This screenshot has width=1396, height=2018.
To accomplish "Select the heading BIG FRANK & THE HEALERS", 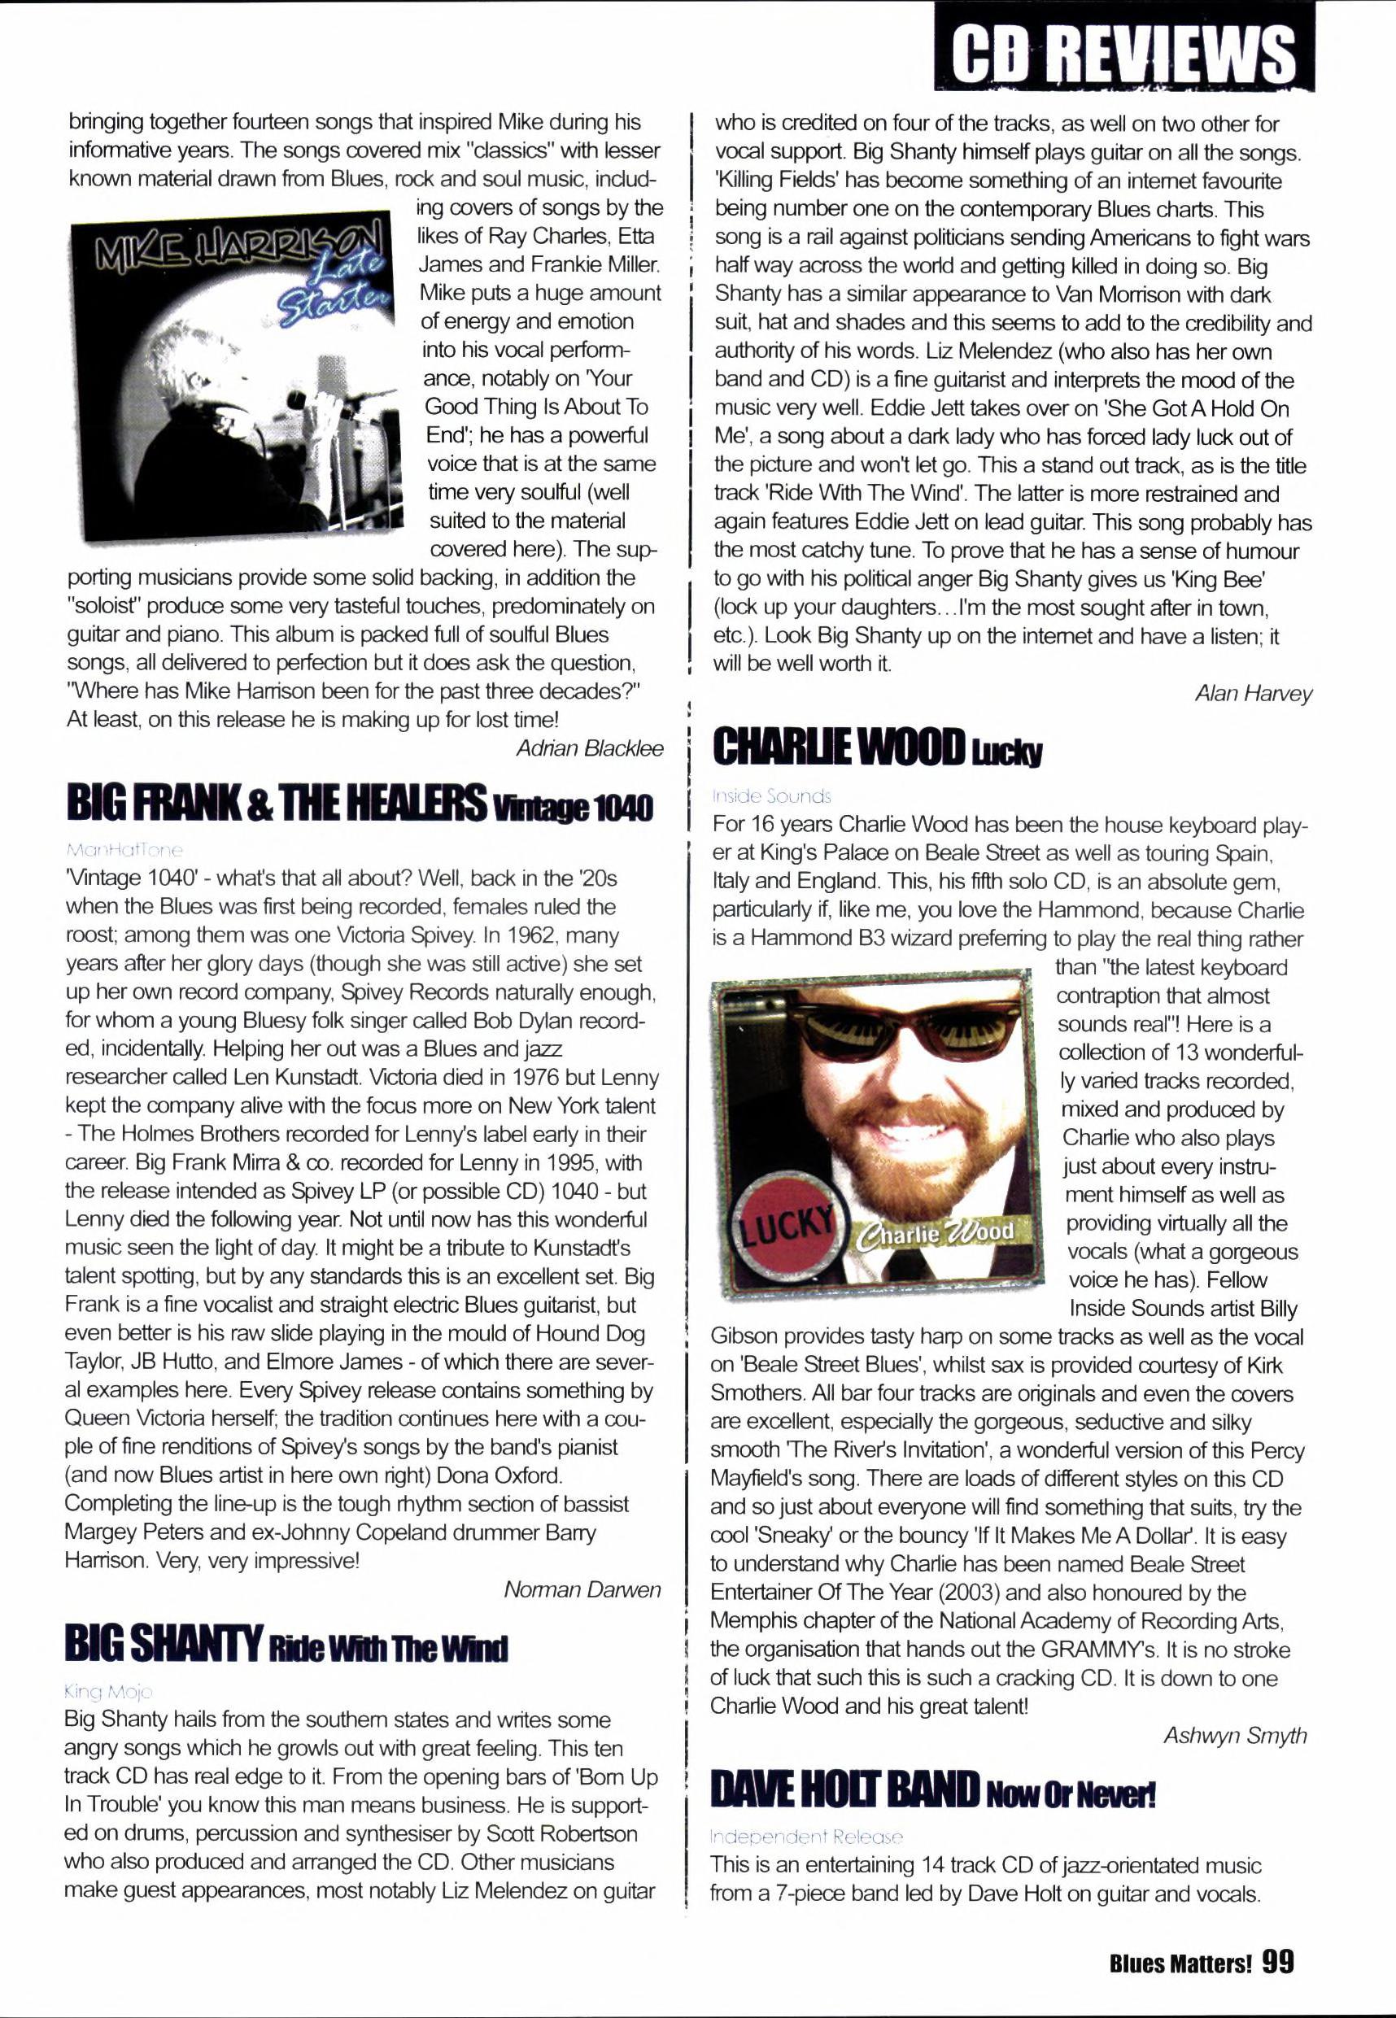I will click(277, 803).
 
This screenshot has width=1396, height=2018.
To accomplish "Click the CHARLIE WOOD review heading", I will click(838, 747).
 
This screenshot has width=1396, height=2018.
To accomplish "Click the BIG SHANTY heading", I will click(164, 1644).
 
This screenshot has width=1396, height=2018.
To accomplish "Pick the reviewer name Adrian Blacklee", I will click(589, 748).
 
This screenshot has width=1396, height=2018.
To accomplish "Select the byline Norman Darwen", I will click(582, 1589).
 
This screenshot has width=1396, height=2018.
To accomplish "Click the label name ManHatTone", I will click(124, 849).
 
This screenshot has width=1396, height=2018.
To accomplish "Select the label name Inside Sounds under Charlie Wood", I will click(771, 795).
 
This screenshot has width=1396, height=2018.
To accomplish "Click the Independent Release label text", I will click(805, 1836).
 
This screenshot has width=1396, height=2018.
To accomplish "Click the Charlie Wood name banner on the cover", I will click(938, 1233).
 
